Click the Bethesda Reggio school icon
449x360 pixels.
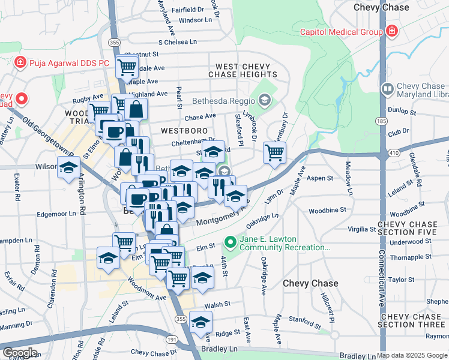click(x=265, y=99)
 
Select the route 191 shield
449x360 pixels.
click(x=172, y=340)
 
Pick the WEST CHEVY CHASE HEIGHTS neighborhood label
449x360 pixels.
click(x=243, y=70)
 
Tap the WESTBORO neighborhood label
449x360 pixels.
click(x=184, y=130)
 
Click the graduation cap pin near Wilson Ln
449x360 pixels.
click(x=68, y=167)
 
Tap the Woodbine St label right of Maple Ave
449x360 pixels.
click(x=328, y=211)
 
